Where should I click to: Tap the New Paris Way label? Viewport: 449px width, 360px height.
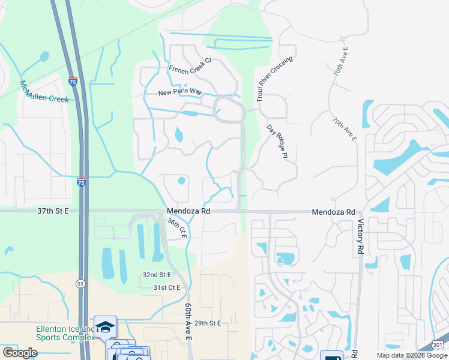(x=180, y=92)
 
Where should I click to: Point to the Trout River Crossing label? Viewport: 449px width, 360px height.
(x=275, y=79)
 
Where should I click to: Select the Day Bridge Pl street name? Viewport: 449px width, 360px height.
(x=274, y=142)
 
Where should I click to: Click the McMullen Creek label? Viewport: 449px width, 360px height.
(x=44, y=91)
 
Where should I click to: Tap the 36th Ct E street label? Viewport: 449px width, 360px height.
(x=177, y=229)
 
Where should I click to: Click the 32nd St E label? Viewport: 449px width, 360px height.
(x=157, y=274)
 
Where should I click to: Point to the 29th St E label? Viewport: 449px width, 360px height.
(x=208, y=323)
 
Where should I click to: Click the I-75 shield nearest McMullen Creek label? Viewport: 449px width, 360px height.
(x=73, y=81)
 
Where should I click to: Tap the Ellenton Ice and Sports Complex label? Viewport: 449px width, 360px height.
(x=65, y=333)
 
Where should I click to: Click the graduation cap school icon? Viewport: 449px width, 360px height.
(x=105, y=326)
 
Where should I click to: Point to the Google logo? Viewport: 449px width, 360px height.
(x=20, y=353)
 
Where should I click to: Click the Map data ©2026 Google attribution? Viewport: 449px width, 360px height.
(x=411, y=355)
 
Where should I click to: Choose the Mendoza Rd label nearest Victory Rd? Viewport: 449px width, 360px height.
(x=334, y=212)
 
